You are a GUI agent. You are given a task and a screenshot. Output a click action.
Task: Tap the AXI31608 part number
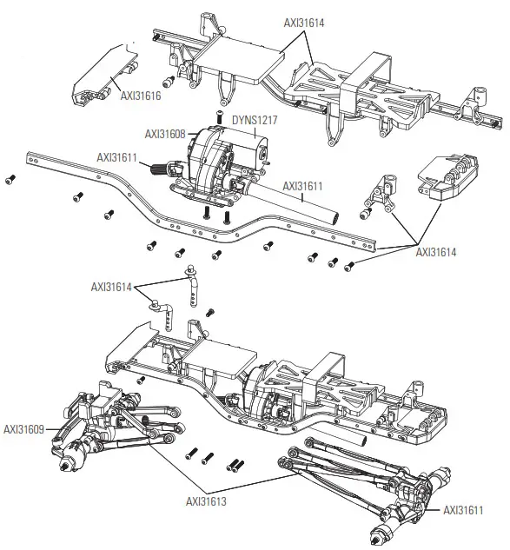pos(165,134)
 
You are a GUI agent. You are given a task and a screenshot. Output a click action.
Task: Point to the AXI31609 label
pos(24,428)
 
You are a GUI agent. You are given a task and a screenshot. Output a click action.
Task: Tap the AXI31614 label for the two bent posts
pos(113,286)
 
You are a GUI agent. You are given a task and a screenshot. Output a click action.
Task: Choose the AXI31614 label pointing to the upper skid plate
pos(304,23)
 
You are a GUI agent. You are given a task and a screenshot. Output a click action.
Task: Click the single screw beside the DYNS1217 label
pos(220,117)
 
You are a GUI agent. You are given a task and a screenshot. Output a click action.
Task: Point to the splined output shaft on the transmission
pos(162,170)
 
